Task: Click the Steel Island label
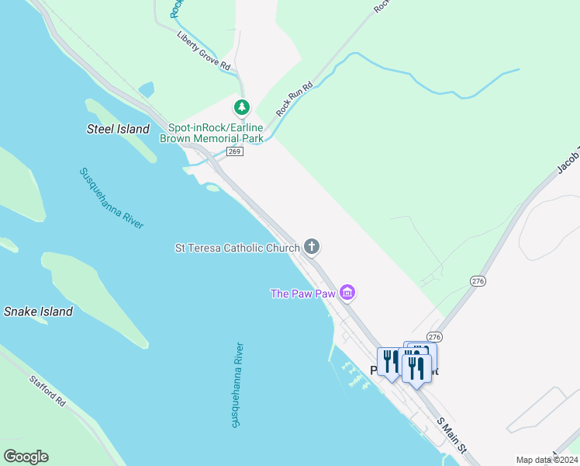(117, 129)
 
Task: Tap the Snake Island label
(38, 311)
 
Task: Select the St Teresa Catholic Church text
(237, 248)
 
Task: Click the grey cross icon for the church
(312, 247)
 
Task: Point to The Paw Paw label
(302, 294)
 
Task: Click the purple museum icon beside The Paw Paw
(348, 293)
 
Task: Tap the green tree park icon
(242, 106)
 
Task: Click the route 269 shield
(236, 151)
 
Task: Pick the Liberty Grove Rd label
(204, 51)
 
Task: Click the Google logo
(26, 457)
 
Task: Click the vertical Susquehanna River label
(237, 384)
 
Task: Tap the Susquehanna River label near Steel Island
(112, 197)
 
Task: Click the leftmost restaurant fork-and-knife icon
(388, 361)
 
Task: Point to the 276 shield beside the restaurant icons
(434, 336)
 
